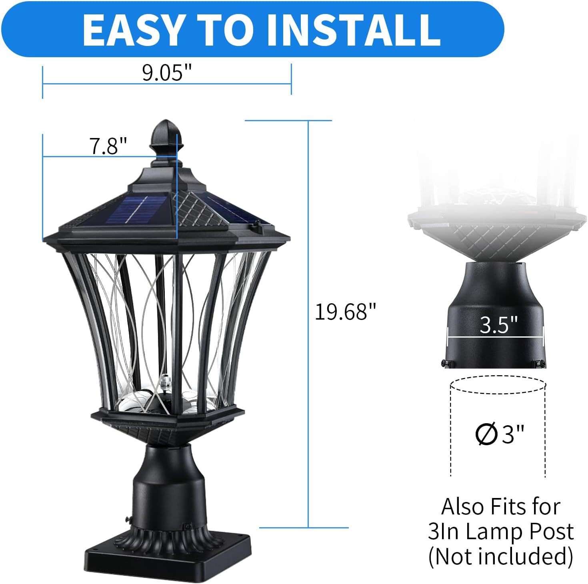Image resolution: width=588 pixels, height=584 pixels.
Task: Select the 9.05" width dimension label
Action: point(167,73)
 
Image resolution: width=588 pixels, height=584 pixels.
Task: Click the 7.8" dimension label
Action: point(108,146)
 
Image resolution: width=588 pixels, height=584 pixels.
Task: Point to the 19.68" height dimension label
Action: point(346,312)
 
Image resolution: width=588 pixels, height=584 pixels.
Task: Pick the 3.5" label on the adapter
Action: point(498,325)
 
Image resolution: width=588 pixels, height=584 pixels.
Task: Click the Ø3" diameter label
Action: point(500,434)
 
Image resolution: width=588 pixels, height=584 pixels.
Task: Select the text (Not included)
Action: point(500,556)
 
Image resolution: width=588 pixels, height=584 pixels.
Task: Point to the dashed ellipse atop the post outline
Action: point(498,385)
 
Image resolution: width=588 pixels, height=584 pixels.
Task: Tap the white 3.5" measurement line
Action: point(496,337)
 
